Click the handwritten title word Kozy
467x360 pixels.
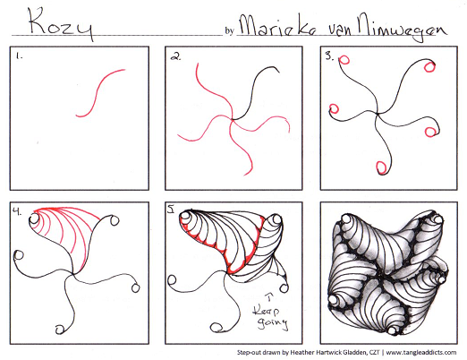(60, 23)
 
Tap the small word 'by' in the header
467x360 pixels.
(229, 30)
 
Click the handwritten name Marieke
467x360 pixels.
(277, 27)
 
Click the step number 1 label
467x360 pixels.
(20, 56)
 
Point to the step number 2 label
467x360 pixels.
(175, 56)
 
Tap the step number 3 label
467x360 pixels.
(329, 56)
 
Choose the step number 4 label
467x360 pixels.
(17, 211)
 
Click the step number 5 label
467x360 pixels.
(171, 210)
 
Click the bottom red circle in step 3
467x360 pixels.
(381, 167)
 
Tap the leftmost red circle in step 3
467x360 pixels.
(334, 108)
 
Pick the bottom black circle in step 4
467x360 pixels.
(60, 330)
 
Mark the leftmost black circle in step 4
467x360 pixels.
(19, 255)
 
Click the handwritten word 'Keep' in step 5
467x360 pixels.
(267, 311)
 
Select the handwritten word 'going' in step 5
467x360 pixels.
(273, 323)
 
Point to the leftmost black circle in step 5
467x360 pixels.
(172, 280)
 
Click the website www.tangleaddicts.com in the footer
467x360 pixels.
(421, 353)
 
